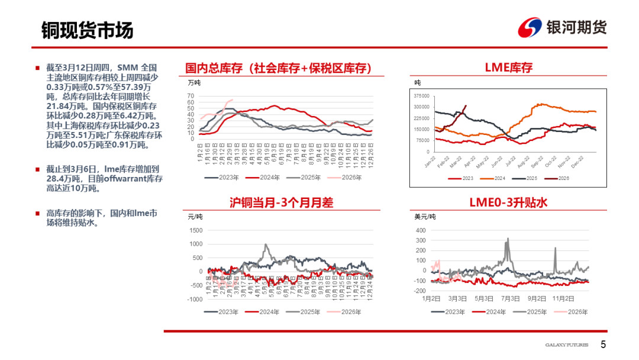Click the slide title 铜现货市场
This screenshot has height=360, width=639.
pos(87,30)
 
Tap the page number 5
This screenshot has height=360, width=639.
pos(603,345)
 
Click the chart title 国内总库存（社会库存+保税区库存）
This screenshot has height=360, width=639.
pos(278,69)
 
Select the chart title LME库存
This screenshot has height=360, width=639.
pos(508,67)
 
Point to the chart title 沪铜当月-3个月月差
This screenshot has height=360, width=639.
pos(281,202)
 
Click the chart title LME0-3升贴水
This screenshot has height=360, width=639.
pos(508,202)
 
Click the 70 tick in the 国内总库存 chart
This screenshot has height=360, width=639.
pos(191,96)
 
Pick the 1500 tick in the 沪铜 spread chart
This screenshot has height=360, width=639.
pos(195,230)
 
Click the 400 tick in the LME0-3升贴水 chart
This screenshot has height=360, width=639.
pos(421,230)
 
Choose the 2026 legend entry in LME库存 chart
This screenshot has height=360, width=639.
pos(559,178)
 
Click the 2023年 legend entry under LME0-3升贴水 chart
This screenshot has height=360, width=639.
pos(453,311)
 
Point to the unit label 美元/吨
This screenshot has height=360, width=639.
pos(425,217)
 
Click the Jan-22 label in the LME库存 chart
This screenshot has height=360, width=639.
pos(427,163)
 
